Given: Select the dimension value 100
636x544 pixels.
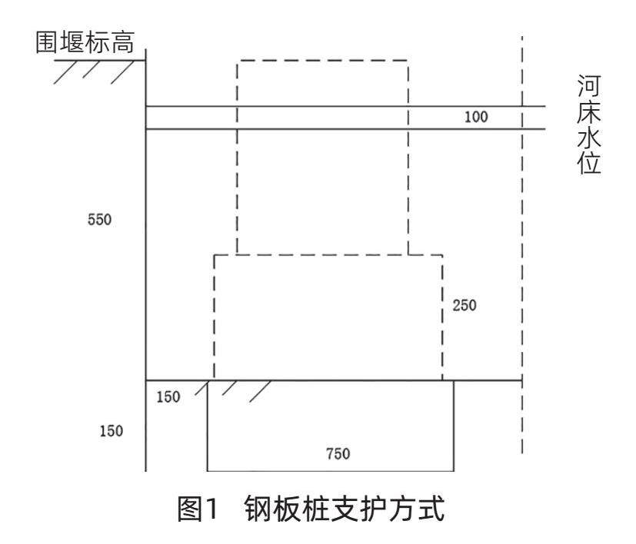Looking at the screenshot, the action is click(x=477, y=118).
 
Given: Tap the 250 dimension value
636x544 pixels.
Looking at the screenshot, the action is click(x=465, y=304).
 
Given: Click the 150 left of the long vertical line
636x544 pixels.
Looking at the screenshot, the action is click(x=112, y=430).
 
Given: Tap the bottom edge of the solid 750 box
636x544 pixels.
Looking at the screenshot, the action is click(x=331, y=470).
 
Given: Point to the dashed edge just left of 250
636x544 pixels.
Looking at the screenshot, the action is click(x=442, y=315).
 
